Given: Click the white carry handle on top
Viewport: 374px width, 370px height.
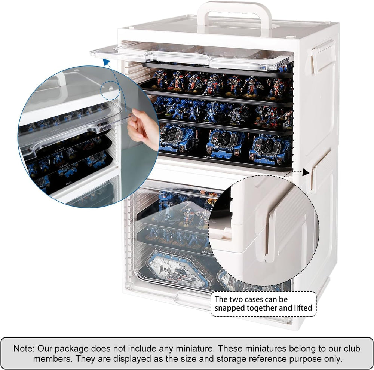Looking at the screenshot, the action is [234, 10].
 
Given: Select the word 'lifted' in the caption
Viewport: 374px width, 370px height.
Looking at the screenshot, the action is [303, 308].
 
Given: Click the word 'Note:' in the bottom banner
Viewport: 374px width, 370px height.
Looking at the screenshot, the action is [24, 349].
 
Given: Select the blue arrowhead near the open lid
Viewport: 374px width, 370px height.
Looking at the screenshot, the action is [106, 62].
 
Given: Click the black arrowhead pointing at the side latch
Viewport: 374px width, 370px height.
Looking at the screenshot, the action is [306, 172].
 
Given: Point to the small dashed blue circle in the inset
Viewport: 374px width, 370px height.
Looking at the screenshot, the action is [110, 90].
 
